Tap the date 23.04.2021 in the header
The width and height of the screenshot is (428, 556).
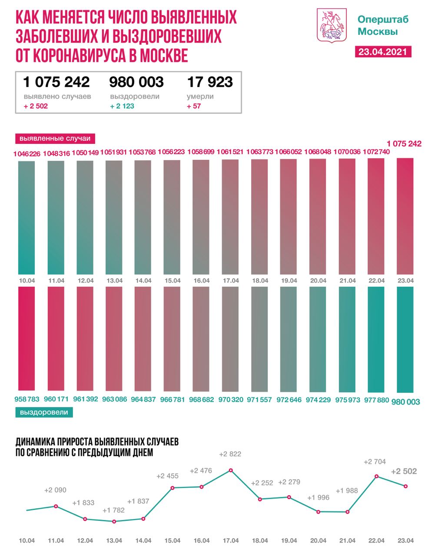click(x=382, y=51)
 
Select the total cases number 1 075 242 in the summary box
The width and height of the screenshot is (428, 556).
click(x=56, y=82)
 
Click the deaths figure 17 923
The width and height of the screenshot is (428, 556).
click(x=210, y=82)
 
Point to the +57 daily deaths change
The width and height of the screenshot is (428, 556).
click(x=194, y=106)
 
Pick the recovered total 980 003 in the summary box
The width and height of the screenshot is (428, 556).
click(x=136, y=82)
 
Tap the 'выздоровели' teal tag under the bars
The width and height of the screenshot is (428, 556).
click(x=44, y=412)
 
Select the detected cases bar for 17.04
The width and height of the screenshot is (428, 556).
click(x=230, y=216)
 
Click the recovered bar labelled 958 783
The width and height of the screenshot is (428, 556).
click(x=27, y=339)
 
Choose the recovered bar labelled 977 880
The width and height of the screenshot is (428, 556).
click(x=376, y=339)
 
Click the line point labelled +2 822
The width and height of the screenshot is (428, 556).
click(x=231, y=470)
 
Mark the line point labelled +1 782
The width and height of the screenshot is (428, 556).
click(x=114, y=521)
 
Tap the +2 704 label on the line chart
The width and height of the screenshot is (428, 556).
click(x=375, y=462)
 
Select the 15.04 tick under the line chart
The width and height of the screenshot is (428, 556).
click(x=173, y=540)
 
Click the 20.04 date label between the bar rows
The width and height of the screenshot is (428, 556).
click(x=318, y=281)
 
